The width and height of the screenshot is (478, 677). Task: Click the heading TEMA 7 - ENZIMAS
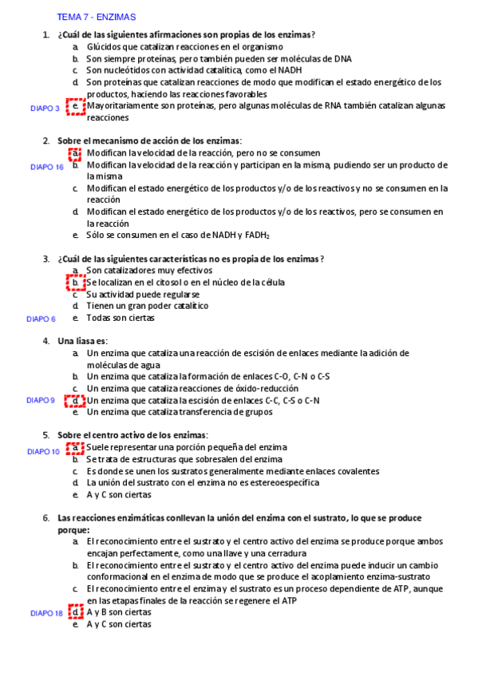tap(97, 16)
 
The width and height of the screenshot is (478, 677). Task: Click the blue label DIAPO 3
tap(45, 108)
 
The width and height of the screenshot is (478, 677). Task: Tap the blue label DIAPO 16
tap(47, 167)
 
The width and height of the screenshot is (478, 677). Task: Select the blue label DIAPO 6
tap(41, 319)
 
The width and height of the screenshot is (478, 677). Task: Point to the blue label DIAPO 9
tap(41, 400)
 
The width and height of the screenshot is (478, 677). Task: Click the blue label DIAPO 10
tap(44, 451)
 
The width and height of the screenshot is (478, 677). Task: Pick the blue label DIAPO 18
tap(46, 613)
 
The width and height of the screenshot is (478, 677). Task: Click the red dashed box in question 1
tap(76, 106)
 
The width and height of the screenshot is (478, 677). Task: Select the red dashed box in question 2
tap(76, 153)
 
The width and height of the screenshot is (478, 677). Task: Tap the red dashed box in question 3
tap(76, 283)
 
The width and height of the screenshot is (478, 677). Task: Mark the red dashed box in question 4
tap(76, 401)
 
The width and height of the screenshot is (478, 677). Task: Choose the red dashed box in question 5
tap(76, 448)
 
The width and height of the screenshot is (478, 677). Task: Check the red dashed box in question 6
tap(76, 612)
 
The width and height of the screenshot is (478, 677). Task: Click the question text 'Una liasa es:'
tap(82, 341)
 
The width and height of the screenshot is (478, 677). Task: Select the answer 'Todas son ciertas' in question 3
tap(120, 318)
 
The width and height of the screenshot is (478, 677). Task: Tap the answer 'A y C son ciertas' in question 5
tap(119, 495)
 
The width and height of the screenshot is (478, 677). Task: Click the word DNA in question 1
tap(342, 58)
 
